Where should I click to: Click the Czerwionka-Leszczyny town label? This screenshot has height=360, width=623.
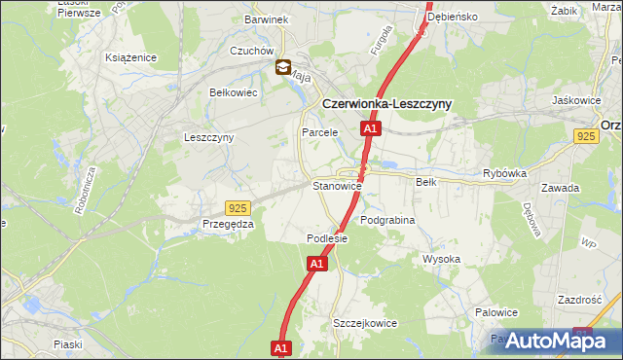pyautogui.click(x=386, y=104)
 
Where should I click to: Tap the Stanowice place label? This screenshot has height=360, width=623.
pyautogui.click(x=337, y=185)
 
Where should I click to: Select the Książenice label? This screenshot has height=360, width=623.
pyautogui.click(x=131, y=57)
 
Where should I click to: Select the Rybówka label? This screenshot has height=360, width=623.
pyautogui.click(x=504, y=173)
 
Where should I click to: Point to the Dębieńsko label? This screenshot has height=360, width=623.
pyautogui.click(x=477, y=17)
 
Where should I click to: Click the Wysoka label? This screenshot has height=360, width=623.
pyautogui.click(x=441, y=259)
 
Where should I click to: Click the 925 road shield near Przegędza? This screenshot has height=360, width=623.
pyautogui.click(x=237, y=208)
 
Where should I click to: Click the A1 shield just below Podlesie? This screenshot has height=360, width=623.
pyautogui.click(x=317, y=263)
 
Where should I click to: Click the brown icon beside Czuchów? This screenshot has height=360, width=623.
pyautogui.click(x=282, y=67)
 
